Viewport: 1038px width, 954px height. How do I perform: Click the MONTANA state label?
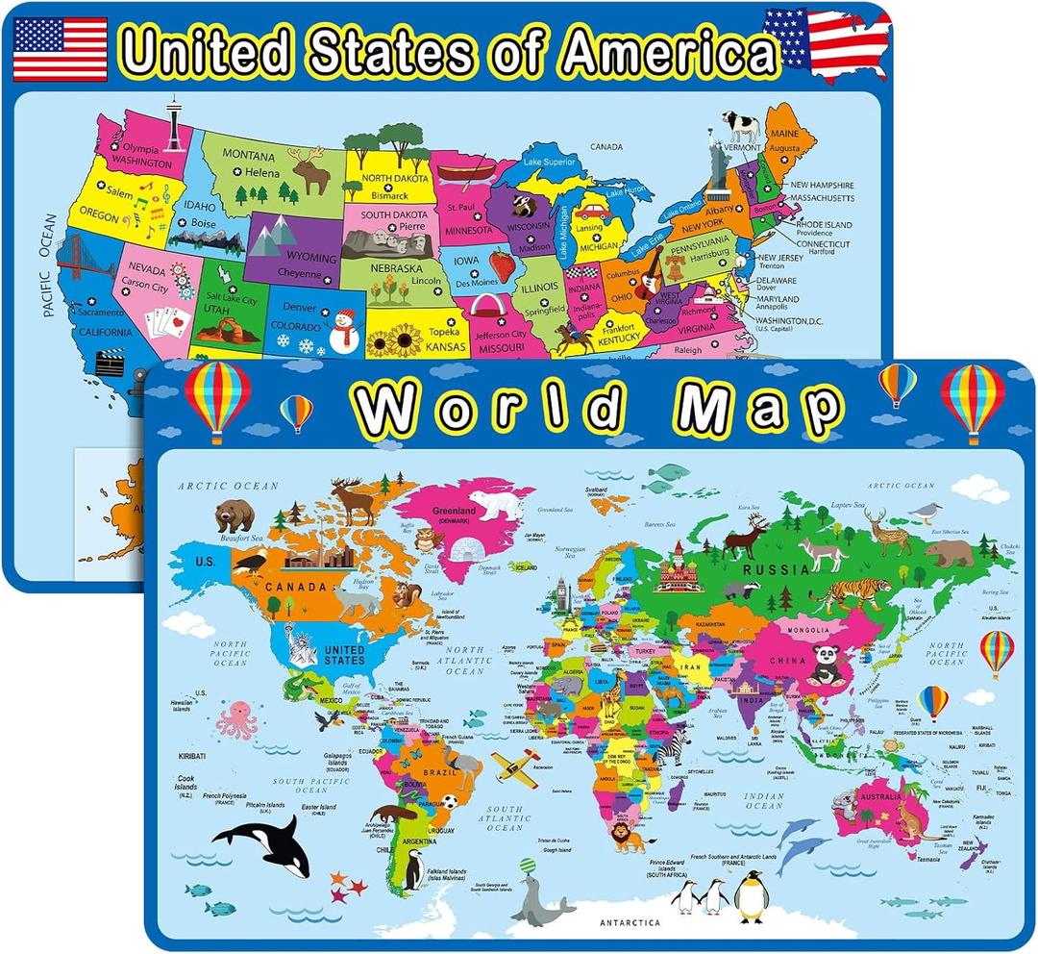point(252,153)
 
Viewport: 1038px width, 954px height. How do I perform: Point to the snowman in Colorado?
point(343,330)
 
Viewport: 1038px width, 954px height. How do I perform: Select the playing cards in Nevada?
point(161,322)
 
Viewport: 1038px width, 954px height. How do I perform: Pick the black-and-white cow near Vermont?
point(741,126)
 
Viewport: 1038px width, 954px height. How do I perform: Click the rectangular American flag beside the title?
point(61,48)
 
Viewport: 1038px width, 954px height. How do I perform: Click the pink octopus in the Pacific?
point(236,720)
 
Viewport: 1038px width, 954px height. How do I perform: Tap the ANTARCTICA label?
point(630,922)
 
